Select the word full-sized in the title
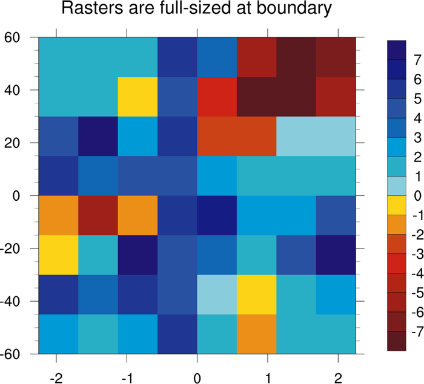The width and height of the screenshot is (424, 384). [x=182, y=10]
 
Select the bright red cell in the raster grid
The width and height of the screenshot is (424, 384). [x=216, y=90]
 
